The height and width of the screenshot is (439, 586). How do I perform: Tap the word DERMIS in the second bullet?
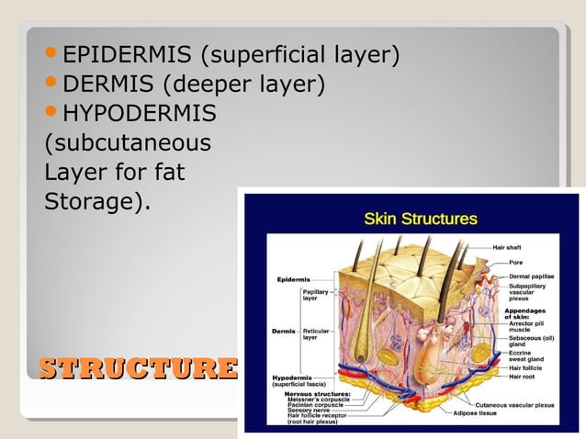[x=107, y=85]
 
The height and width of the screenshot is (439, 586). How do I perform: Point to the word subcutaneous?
[x=128, y=144]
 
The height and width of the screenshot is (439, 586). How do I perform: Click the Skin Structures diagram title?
[x=421, y=219]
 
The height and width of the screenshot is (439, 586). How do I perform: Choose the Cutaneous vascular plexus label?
[x=514, y=404]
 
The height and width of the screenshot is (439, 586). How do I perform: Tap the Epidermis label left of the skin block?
[x=291, y=278]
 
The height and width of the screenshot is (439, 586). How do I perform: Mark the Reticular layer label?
[x=316, y=333]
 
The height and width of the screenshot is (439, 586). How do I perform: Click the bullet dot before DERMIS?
[x=53, y=84]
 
